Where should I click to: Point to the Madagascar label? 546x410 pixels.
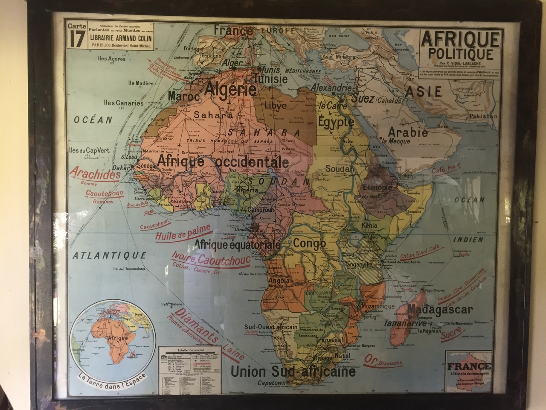coord(441,310)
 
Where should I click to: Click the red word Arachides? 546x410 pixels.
coord(95,174)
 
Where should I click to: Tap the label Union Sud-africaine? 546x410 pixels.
coord(293,372)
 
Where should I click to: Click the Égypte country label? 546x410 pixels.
coord(336,122)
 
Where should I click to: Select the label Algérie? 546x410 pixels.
coord(231,89)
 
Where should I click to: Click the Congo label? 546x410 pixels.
coord(310,243)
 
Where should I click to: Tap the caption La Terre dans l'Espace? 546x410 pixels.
coord(112,377)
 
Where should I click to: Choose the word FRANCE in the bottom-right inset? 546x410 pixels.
coord(469,366)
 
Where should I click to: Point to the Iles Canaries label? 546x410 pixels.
coord(124,102)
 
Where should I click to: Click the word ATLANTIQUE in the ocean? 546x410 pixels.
coord(110,255)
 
